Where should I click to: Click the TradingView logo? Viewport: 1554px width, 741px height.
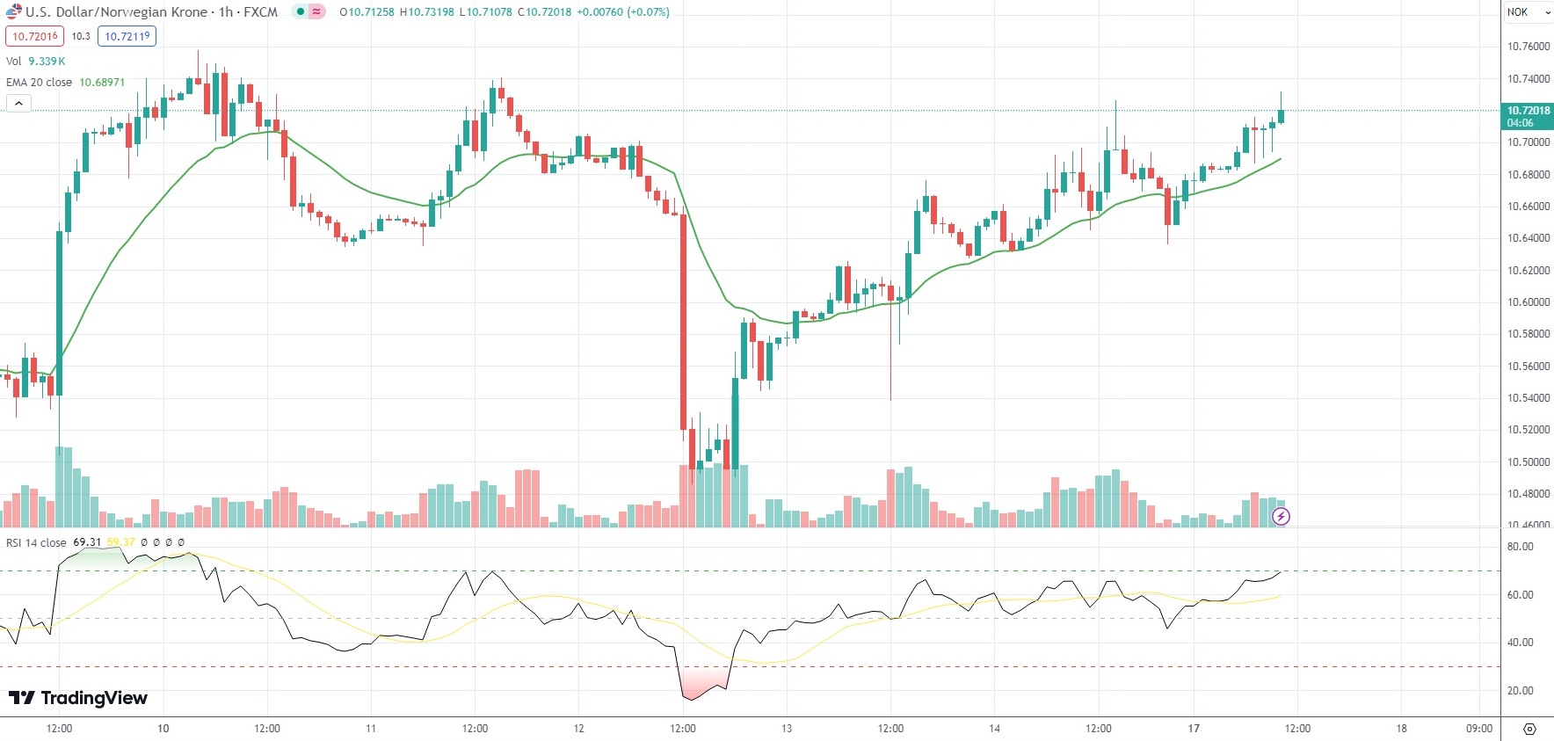(x=78, y=698)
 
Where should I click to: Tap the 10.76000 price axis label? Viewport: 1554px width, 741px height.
(x=1529, y=47)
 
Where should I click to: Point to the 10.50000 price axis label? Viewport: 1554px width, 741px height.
(x=1529, y=462)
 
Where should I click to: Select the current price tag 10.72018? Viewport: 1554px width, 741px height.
(x=1528, y=111)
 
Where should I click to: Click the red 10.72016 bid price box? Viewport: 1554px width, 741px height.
(x=34, y=36)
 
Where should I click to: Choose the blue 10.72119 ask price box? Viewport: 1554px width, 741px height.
(x=127, y=36)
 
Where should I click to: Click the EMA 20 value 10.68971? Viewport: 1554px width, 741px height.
(x=102, y=82)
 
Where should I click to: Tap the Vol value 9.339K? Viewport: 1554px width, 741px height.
(x=47, y=61)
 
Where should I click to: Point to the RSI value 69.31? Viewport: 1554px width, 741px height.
(x=87, y=542)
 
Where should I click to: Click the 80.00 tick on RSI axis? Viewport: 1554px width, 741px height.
(x=1521, y=547)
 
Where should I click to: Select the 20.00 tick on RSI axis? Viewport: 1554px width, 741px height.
(x=1521, y=691)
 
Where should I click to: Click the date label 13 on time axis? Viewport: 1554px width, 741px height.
(x=787, y=728)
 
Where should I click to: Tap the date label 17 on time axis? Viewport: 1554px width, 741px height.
(x=1194, y=728)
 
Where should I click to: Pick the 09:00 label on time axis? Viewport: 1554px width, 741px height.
(x=1479, y=728)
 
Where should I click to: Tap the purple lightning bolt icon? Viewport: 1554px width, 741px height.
(x=1281, y=516)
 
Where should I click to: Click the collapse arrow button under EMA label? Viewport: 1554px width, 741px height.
(x=18, y=103)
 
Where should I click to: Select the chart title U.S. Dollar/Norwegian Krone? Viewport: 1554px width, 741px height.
(x=117, y=12)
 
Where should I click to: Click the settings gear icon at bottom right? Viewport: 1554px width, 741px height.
(x=1529, y=729)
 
